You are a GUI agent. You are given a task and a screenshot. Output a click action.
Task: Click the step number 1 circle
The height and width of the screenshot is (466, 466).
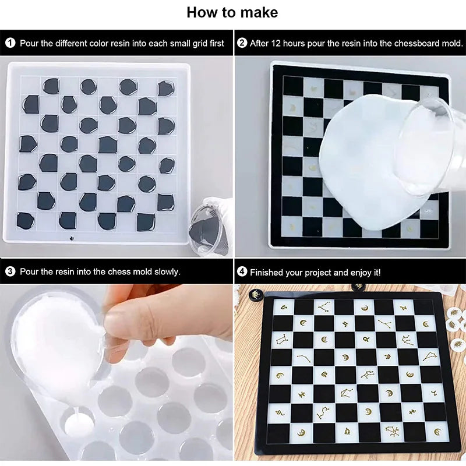10,43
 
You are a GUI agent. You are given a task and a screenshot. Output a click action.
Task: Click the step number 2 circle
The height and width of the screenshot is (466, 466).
242,43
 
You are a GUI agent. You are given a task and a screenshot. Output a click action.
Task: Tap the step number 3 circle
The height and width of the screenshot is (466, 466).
10,271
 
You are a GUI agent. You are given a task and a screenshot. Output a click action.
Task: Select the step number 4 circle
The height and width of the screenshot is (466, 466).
242,272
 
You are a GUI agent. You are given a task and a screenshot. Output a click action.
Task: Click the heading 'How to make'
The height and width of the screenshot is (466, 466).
232,12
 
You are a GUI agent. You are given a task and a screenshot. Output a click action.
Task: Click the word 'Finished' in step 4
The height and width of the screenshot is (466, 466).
267,272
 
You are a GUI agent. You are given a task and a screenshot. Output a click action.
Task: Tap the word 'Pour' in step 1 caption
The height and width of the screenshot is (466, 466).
29,43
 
